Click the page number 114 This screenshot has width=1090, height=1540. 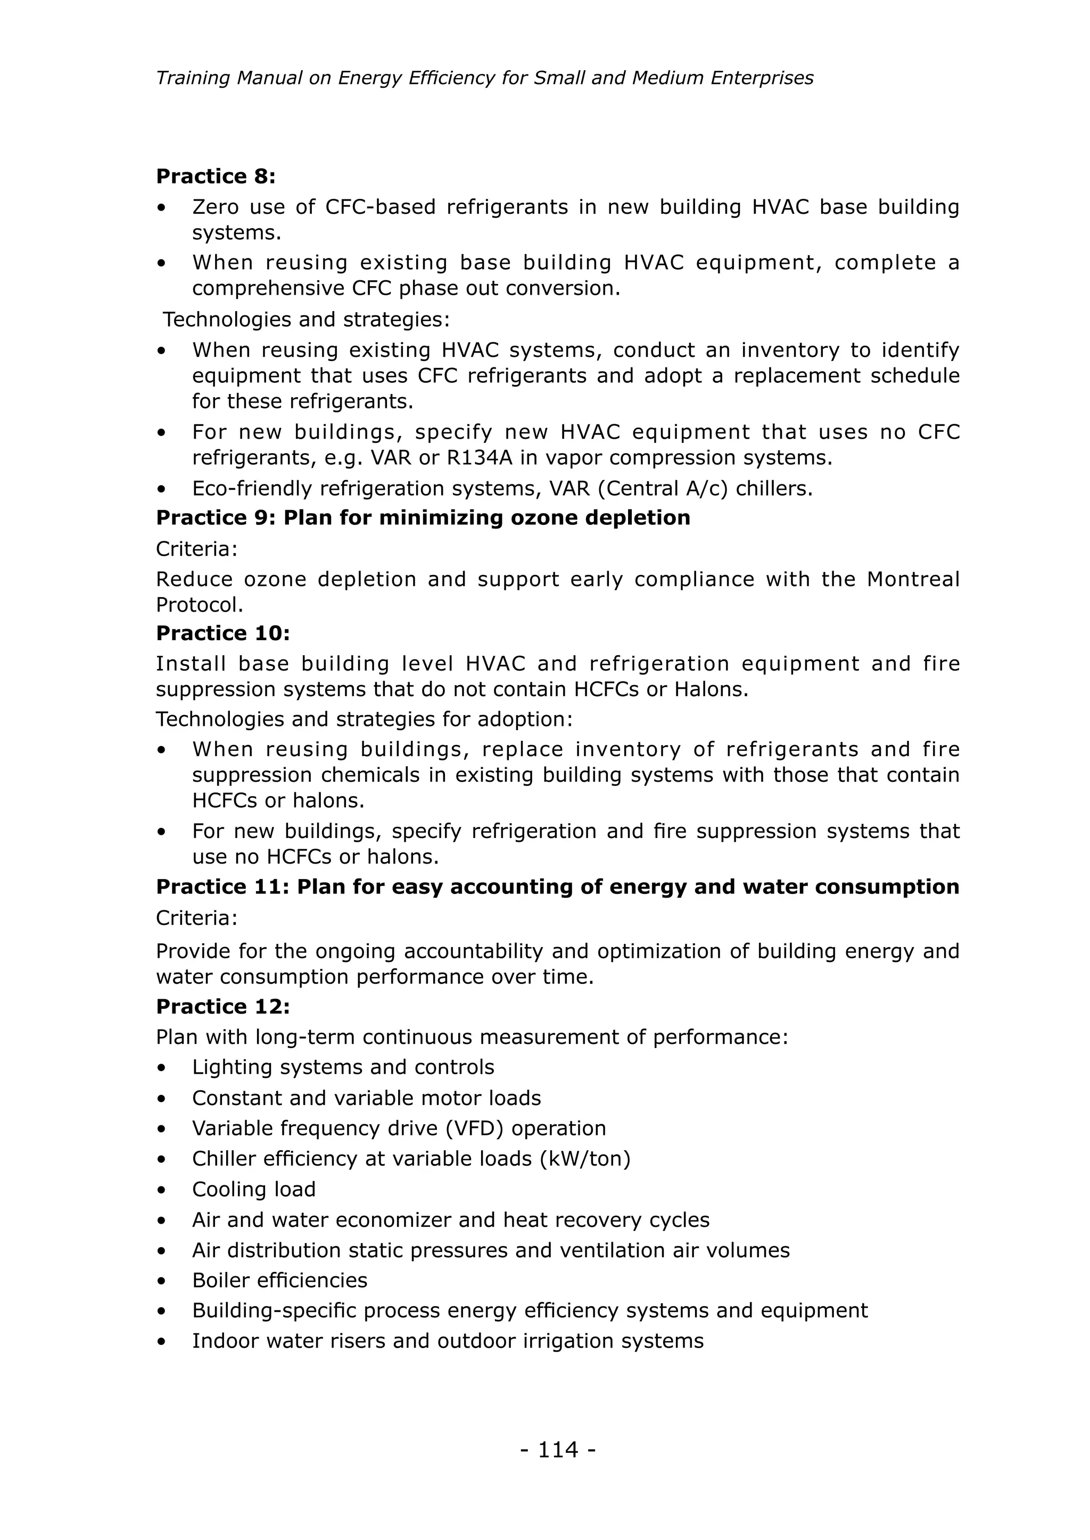click(558, 1450)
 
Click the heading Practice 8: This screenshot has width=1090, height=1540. click(216, 177)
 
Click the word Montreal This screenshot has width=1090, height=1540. click(913, 579)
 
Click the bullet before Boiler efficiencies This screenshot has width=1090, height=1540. click(161, 1281)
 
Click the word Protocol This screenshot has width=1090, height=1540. click(199, 605)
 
